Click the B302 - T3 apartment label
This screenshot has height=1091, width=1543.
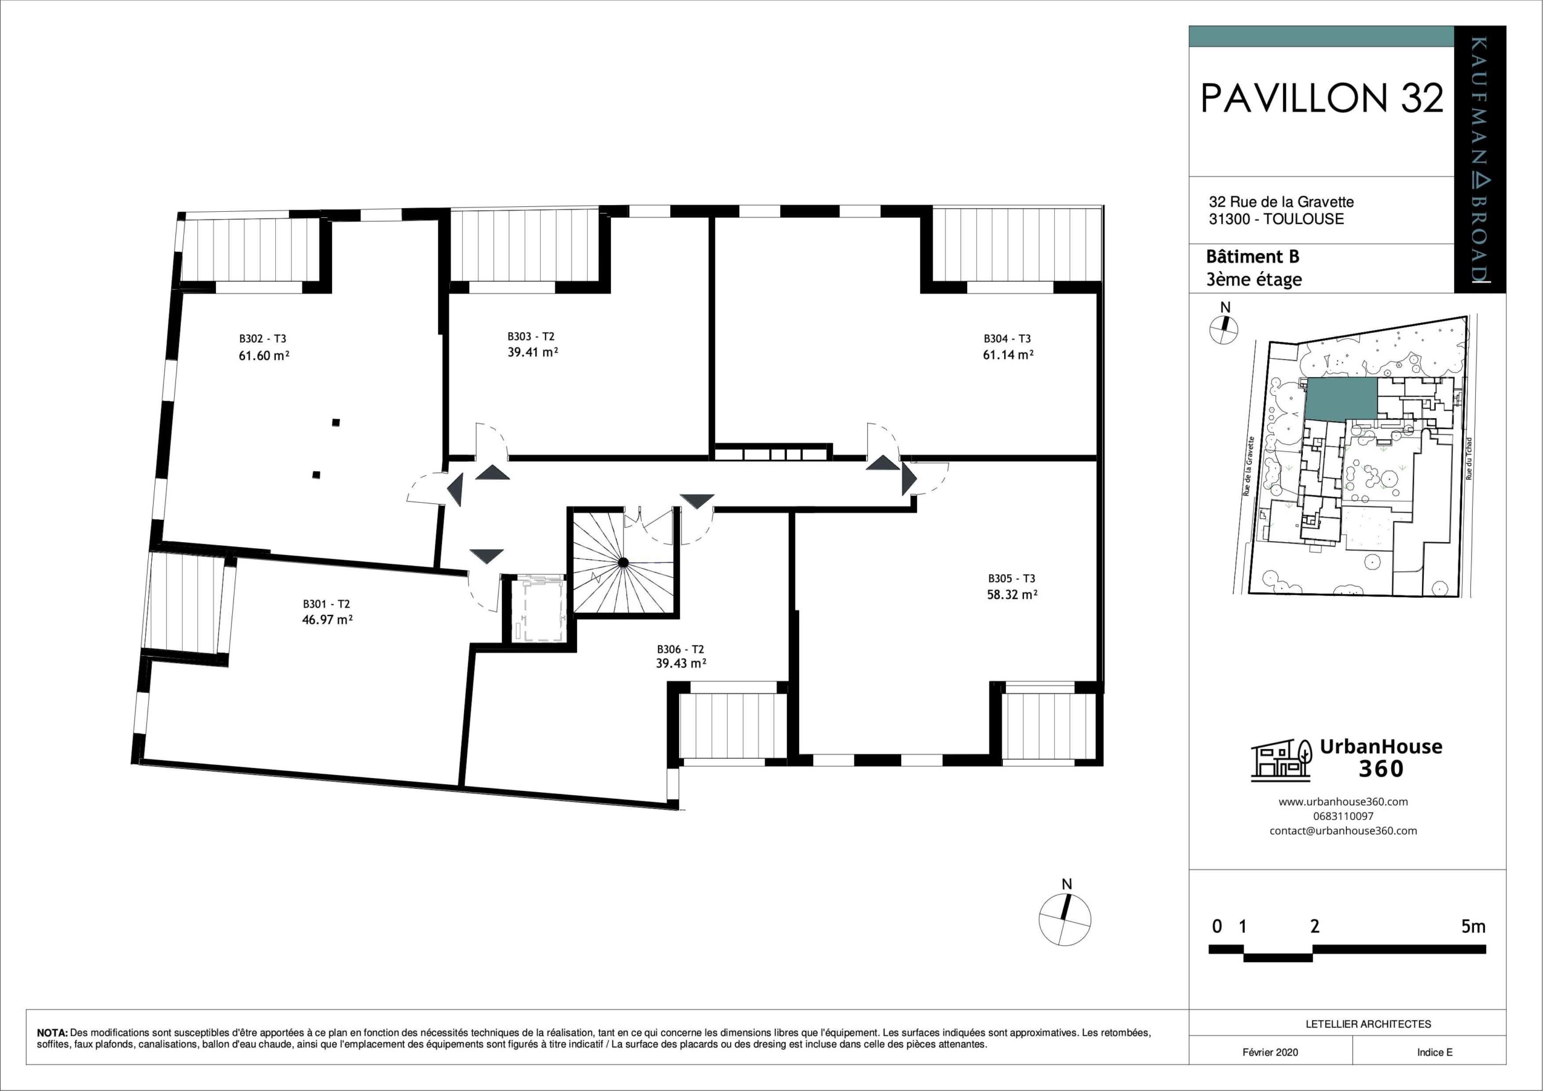point(263,339)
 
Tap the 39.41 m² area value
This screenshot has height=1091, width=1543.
point(533,352)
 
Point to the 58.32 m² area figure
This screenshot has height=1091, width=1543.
point(1012,594)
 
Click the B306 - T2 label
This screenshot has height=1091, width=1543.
point(680,650)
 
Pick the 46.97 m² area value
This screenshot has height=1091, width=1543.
point(327,620)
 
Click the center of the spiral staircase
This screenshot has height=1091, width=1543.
point(623,562)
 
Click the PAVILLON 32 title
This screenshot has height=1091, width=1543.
point(1322,99)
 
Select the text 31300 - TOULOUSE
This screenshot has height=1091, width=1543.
point(1276,219)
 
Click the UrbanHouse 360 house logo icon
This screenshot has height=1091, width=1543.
point(1281,760)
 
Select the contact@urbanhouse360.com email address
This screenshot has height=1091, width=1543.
point(1343,831)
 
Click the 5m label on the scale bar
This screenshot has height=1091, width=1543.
point(1473,926)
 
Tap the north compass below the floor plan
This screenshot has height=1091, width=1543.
point(1065,919)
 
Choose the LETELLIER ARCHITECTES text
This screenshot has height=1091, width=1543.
point(1368,1024)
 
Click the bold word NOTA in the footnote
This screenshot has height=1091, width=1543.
point(52,1032)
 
